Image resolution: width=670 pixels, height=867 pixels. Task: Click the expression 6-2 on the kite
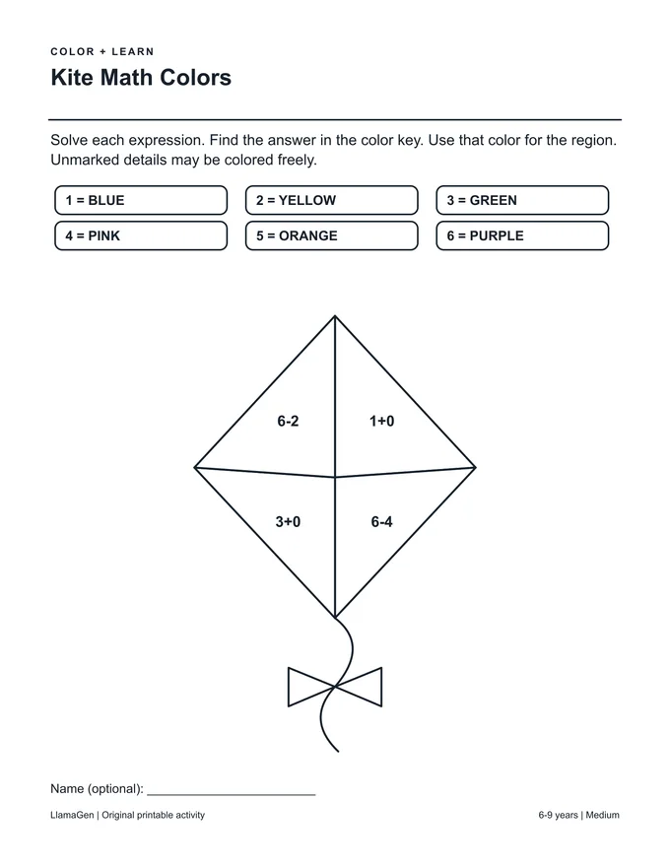[288, 422]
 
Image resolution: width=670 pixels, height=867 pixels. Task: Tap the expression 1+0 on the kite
[381, 422]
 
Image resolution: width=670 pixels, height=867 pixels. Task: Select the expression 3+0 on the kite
[288, 521]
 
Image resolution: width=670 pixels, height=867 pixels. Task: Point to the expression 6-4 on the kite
[381, 521]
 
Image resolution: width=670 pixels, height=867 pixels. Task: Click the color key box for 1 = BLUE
[141, 200]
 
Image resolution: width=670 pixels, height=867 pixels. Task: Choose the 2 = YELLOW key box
[332, 200]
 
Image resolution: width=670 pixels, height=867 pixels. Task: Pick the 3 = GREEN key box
[522, 200]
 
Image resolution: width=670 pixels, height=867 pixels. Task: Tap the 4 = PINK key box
[141, 235]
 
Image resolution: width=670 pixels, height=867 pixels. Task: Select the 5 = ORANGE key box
[332, 235]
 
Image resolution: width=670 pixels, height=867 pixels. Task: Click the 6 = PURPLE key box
[522, 235]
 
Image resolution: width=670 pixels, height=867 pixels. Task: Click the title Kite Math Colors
[141, 78]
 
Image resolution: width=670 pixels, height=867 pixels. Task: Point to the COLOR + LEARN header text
[102, 51]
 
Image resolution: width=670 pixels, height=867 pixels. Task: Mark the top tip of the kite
[335, 316]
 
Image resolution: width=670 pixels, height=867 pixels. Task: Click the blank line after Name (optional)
[232, 794]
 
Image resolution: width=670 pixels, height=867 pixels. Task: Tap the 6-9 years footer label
[559, 815]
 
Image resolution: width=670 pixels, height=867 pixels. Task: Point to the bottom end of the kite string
[338, 752]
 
